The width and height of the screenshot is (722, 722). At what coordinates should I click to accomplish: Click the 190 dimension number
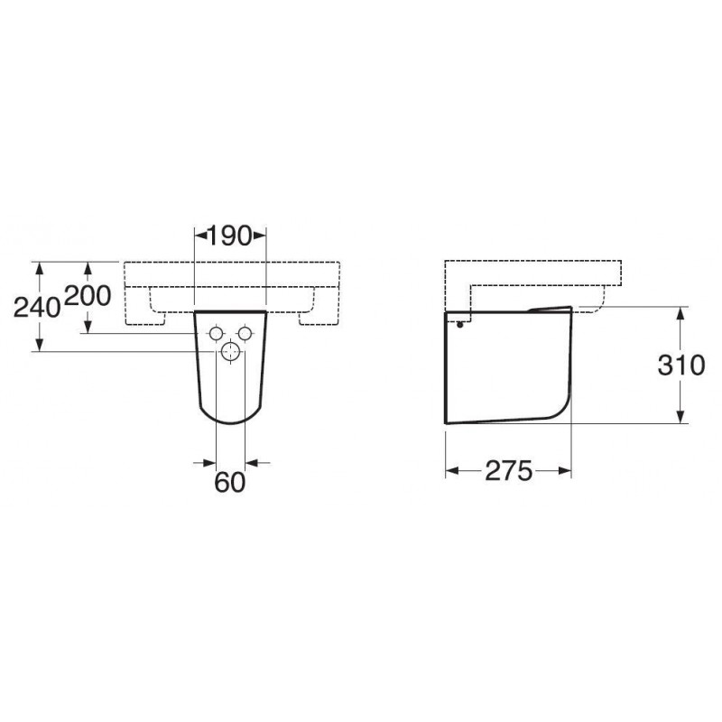click(x=230, y=236)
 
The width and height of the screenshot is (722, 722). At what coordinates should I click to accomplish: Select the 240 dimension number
click(x=37, y=307)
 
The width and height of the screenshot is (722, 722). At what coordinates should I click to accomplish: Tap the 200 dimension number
click(x=88, y=296)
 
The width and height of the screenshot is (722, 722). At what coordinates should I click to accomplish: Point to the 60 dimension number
click(x=230, y=482)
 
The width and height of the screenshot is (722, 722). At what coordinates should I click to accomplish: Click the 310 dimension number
click(x=681, y=366)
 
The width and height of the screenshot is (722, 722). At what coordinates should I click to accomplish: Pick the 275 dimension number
click(x=509, y=470)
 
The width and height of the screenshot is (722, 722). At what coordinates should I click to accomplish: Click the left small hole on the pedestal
click(x=216, y=333)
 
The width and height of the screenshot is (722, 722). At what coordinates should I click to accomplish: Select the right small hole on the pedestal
click(x=245, y=333)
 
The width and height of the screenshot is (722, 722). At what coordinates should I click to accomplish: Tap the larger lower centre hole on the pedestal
click(x=231, y=352)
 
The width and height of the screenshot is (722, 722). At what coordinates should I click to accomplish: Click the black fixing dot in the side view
click(x=459, y=325)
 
